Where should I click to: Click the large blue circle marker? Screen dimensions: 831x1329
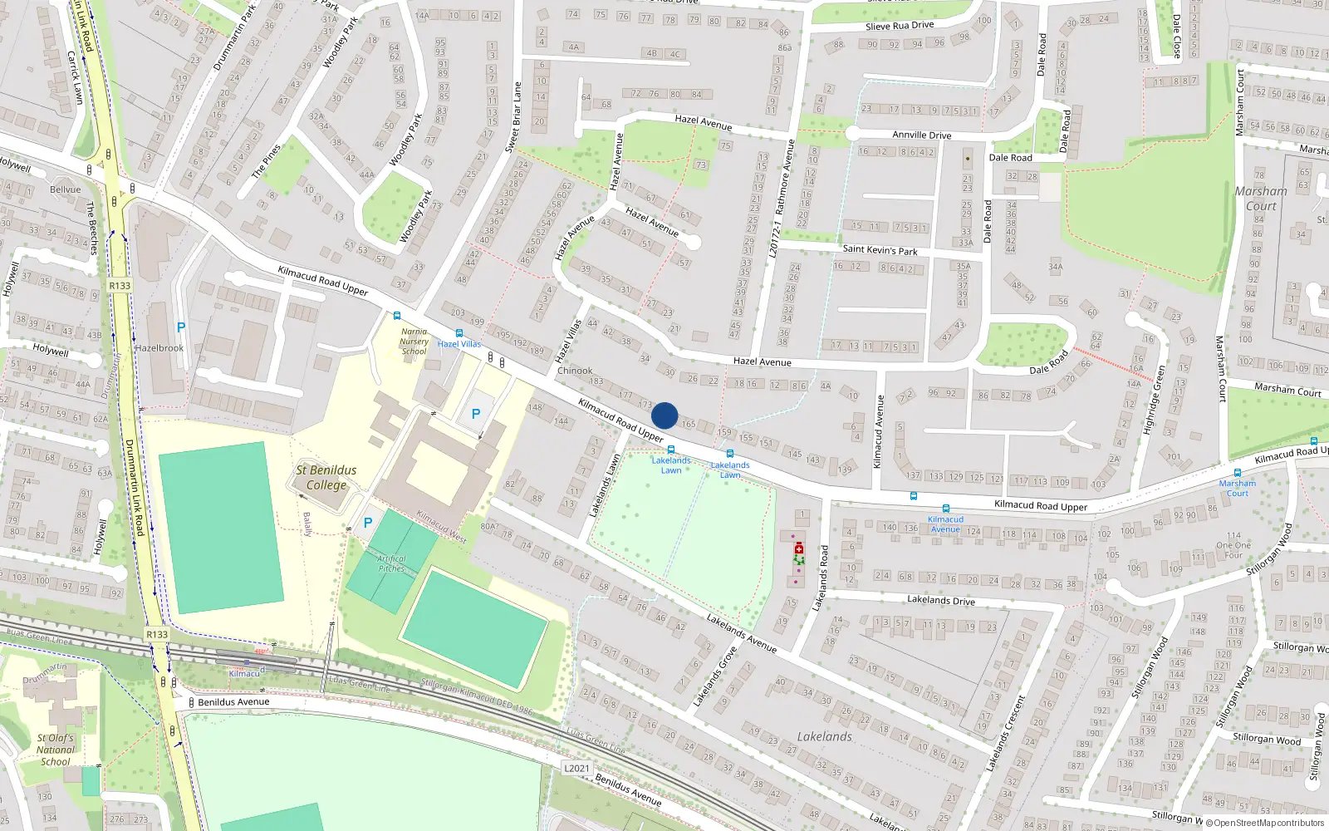pos(664,415)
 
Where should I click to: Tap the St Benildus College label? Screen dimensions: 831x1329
pos(326,478)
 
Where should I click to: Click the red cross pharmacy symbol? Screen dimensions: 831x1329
pos(799,548)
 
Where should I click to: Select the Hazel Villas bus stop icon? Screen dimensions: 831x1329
pos(459,333)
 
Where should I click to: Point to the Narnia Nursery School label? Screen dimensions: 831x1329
pos(414,342)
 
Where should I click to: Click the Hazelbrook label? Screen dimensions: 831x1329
pos(159,348)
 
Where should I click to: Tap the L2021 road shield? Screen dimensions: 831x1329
pos(576,768)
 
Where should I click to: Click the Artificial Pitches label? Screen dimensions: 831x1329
pos(391,563)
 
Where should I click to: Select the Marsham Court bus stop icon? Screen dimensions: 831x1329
pos(1238,473)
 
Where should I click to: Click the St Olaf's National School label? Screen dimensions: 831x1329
pos(56,750)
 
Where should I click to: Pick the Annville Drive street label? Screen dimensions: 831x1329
pos(922,135)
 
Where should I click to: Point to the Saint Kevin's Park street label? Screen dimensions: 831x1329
pos(880,249)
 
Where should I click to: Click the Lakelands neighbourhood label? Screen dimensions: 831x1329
pos(824,736)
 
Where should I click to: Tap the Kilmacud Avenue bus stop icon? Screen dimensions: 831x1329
pos(945,509)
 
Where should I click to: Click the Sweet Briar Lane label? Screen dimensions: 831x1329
pos(513,117)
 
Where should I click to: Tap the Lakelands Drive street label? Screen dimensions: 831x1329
pos(940,600)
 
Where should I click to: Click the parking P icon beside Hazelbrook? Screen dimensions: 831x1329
pos(181,327)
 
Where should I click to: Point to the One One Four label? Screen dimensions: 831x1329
pos(1233,545)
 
